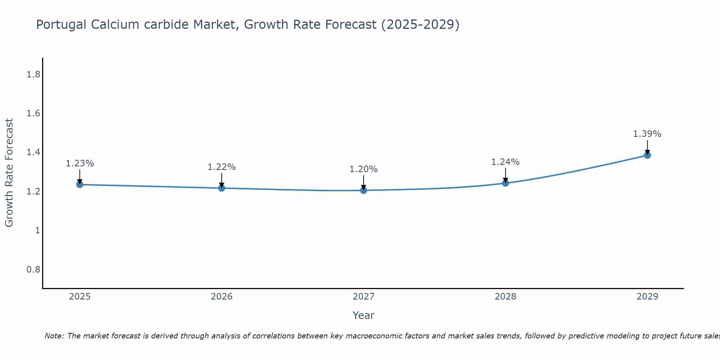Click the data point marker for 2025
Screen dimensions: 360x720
pos(80,185)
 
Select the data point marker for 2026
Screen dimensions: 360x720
pos(222,188)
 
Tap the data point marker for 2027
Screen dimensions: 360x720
pos(364,190)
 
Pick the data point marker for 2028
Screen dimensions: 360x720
pos(505,183)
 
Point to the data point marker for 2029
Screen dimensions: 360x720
pos(647,155)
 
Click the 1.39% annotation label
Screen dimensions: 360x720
pos(647,134)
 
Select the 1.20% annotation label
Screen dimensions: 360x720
pos(364,169)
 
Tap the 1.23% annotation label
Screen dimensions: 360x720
pos(80,163)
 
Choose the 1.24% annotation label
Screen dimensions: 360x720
pos(505,162)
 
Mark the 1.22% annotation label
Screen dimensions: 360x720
pos(222,167)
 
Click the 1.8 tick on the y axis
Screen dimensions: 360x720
pos(33,75)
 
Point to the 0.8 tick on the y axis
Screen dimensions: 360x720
pos(33,269)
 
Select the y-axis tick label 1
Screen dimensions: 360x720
pos(37,230)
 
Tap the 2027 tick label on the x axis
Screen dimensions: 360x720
pos(364,297)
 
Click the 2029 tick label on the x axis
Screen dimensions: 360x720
pos(647,297)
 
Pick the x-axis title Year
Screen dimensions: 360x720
pos(364,315)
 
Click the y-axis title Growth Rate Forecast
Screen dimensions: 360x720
pos(9,173)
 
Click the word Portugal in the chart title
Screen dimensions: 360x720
pos(62,25)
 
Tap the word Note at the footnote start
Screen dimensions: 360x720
pos(54,336)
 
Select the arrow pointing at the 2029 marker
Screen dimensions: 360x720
pos(647,147)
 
